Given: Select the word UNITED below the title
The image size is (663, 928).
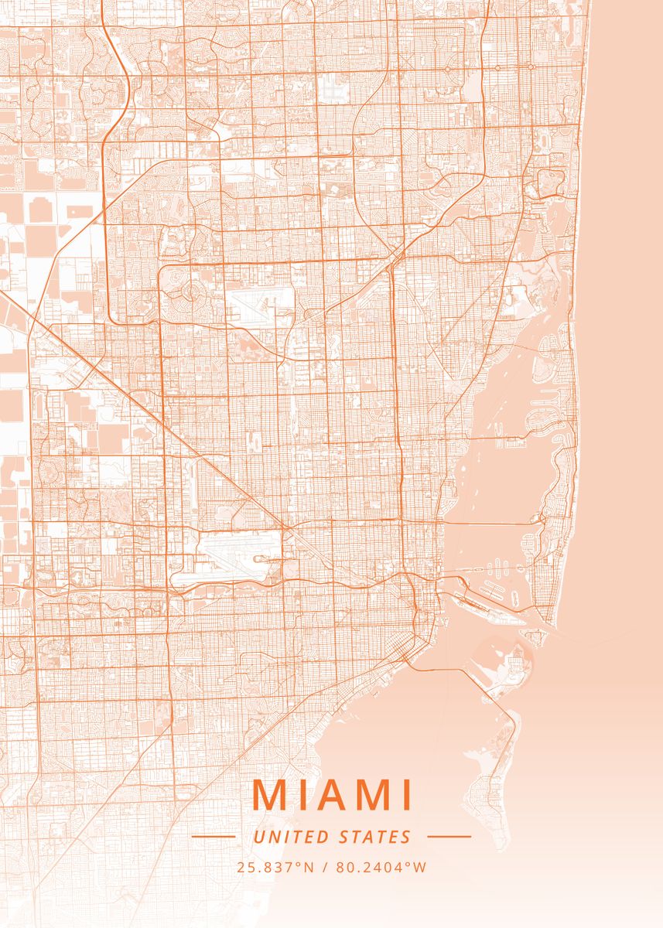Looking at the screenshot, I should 291,837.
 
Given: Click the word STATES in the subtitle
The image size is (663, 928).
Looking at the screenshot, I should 375,837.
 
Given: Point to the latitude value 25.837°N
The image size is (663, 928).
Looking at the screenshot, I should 275,867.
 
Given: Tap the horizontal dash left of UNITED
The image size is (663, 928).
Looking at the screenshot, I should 213,836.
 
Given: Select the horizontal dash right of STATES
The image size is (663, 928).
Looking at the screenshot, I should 449,836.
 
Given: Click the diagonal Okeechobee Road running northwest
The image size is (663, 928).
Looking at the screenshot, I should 155,410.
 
